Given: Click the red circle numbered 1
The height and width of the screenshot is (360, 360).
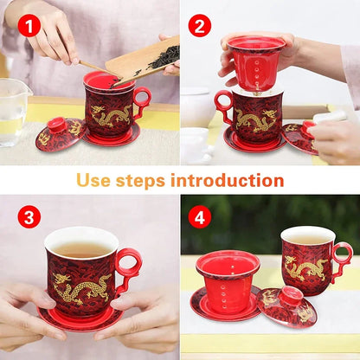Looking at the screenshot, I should [29, 26].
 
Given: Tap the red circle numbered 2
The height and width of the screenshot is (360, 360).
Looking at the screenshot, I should [200, 26].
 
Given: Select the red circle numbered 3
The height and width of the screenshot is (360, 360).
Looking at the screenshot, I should [29, 216].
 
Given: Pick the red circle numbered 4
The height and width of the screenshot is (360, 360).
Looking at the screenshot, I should [200, 216].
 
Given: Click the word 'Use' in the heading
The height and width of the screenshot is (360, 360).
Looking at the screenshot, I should [93, 181].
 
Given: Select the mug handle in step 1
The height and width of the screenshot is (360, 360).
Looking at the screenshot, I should [141, 100].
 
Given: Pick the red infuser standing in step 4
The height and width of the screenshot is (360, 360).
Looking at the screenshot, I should [228, 281].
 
